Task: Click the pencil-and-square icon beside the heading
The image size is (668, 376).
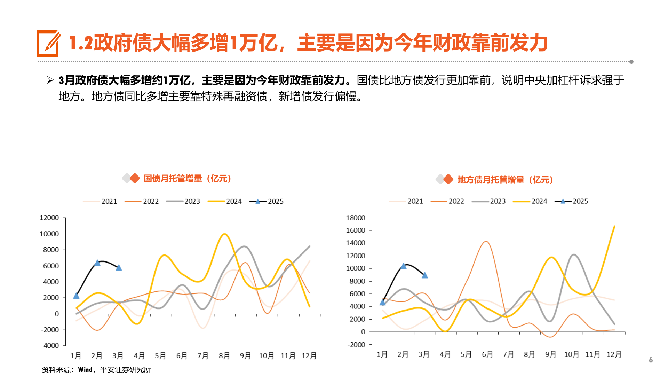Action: (x=48, y=44)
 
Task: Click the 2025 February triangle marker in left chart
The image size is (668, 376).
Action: (x=97, y=263)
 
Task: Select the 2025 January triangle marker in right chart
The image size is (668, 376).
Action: (x=382, y=303)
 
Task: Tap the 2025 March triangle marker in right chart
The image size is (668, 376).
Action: (x=424, y=275)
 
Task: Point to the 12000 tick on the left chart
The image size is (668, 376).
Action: (x=49, y=218)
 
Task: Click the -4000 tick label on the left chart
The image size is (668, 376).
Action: (x=50, y=346)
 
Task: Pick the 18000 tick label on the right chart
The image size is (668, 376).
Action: (x=355, y=218)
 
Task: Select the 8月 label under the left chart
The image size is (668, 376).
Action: (x=224, y=356)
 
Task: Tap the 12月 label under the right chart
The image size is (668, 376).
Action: (x=614, y=354)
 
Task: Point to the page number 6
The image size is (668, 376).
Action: (x=651, y=360)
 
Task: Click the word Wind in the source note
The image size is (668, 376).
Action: (x=85, y=370)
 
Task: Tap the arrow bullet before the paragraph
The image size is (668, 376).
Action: (x=50, y=80)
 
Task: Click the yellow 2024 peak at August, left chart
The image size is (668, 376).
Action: (x=224, y=234)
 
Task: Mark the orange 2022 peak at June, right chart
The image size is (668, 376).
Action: (x=486, y=242)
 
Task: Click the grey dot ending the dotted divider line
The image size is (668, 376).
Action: (x=631, y=62)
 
